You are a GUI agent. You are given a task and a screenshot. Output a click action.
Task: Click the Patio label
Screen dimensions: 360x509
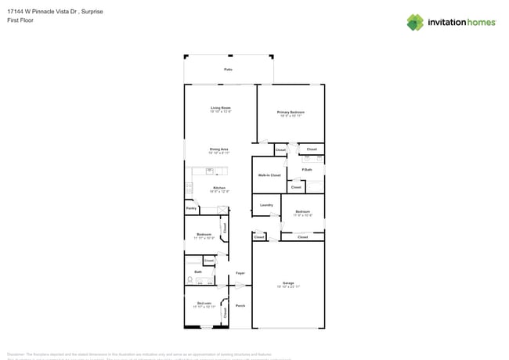tap(228, 70)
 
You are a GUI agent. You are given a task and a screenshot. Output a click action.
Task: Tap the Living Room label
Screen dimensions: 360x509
tap(220, 108)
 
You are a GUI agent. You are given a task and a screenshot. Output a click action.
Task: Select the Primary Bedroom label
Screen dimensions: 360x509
tap(291, 113)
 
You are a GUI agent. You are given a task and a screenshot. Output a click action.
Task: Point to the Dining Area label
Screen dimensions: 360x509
tap(218, 149)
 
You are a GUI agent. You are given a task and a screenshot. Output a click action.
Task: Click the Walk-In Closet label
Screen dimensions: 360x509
tap(269, 175)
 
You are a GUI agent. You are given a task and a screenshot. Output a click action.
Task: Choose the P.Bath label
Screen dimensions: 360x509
tap(307, 170)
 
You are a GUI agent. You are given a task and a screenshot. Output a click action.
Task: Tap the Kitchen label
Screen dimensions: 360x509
tap(220, 188)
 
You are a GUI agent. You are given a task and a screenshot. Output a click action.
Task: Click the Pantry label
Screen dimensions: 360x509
tap(191, 209)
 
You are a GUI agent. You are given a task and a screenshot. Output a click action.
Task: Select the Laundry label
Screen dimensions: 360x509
tap(266, 205)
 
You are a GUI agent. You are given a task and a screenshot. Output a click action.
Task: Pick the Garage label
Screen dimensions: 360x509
tap(288, 283)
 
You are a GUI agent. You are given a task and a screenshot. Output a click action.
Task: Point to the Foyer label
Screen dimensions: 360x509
tap(240, 273)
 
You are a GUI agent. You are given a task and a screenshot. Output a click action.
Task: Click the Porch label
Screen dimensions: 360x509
tap(240, 305)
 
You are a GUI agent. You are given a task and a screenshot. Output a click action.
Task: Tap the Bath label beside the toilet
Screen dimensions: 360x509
tap(198, 272)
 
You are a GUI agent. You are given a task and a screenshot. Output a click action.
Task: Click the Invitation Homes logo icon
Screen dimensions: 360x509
tap(415, 22)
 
